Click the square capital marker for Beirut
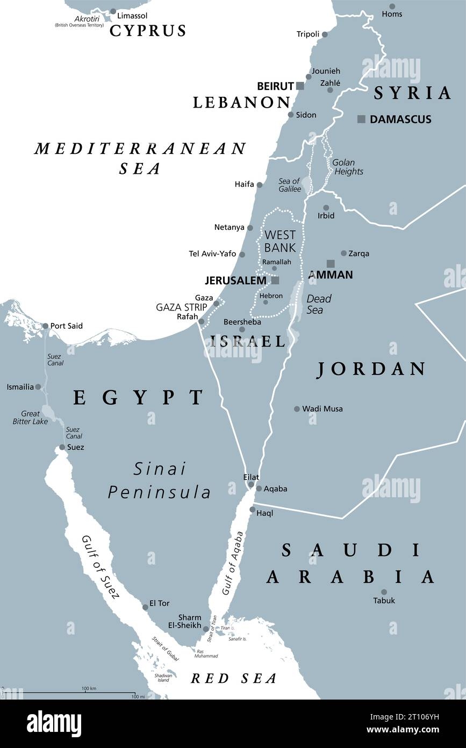pos(300,86)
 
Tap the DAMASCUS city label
pos(400,119)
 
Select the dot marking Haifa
pos(259,185)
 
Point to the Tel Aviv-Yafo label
pos(212,254)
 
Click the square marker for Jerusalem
pos(275,280)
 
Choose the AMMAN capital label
pos(330,275)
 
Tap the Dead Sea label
pos(318,304)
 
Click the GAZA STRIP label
pos(181,307)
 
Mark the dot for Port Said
pos(45,326)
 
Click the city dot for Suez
pos(62,447)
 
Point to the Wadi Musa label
pos(322,409)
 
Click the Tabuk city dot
pos(384,592)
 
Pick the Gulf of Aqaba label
pos(233,563)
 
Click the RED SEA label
pos(234,679)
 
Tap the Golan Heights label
pos(347,167)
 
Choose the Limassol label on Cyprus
pos(132,16)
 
